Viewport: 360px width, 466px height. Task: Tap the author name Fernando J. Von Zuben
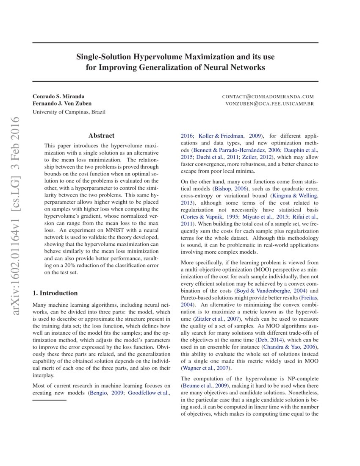[x=62, y=103]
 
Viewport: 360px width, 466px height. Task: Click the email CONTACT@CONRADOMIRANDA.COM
[x=268, y=97]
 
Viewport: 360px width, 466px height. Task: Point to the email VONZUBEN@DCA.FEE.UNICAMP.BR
[x=269, y=103]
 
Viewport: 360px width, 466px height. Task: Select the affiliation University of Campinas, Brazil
[x=69, y=112]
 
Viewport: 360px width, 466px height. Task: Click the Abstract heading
[x=101, y=136]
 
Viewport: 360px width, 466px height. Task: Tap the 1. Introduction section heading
[x=55, y=293]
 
